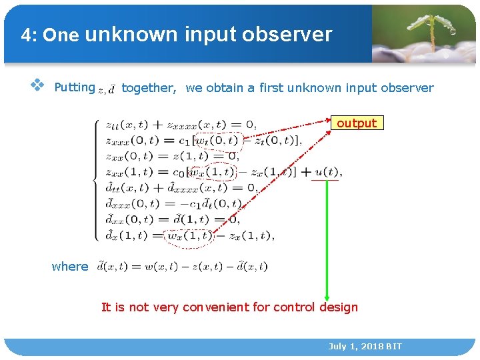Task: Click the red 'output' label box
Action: [x=357, y=123]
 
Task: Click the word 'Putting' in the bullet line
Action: [x=74, y=87]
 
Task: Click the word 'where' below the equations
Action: [x=70, y=267]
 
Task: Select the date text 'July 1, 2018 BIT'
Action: [x=365, y=347]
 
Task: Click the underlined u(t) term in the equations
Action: [x=327, y=172]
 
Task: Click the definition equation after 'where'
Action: [x=182, y=267]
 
